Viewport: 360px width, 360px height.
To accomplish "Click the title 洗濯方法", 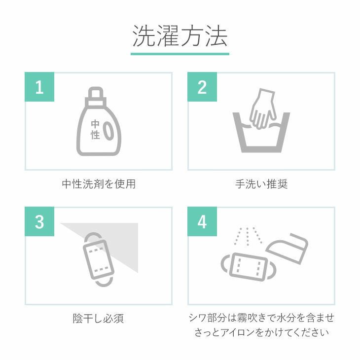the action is click(x=180, y=36).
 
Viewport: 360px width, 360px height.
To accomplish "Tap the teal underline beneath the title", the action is click(x=180, y=54).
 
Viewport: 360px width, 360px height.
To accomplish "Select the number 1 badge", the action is click(x=39, y=87).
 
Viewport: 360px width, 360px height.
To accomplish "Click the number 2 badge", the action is click(x=202, y=87).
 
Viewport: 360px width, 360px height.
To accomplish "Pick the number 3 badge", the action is click(x=39, y=221).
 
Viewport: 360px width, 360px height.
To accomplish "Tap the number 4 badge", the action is click(x=202, y=221).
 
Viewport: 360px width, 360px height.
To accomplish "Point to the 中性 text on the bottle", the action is click(x=95, y=130).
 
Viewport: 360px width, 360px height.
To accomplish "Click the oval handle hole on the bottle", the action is click(x=108, y=131).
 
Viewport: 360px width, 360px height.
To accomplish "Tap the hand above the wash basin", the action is click(x=262, y=108).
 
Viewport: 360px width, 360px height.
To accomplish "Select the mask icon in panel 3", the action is click(x=98, y=259).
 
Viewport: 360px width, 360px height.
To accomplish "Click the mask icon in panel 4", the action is click(x=249, y=266).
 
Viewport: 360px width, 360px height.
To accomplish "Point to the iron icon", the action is click(x=287, y=249).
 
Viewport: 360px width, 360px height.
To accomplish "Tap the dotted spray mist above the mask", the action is click(x=248, y=237).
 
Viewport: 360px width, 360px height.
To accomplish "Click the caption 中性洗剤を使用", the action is click(x=99, y=184).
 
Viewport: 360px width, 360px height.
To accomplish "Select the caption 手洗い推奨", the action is click(x=261, y=184).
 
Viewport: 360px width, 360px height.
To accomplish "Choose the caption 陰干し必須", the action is click(x=98, y=319).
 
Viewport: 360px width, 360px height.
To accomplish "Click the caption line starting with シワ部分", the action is click(x=261, y=318).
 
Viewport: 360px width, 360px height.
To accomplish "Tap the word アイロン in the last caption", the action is click(x=237, y=332).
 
